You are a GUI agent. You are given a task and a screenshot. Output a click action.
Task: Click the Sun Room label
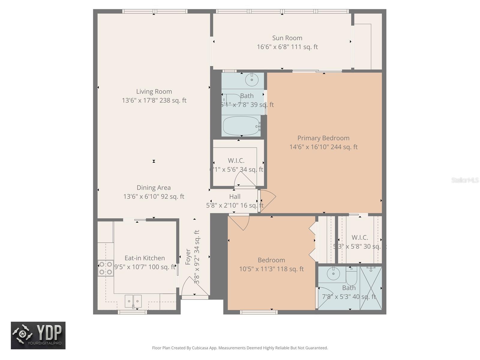pos(287,38)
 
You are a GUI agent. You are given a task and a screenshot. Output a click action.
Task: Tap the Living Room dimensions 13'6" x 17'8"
pos(154,100)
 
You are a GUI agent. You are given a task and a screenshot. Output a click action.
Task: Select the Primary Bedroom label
pos(323,138)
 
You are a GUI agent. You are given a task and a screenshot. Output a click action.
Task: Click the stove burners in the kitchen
pos(106,268)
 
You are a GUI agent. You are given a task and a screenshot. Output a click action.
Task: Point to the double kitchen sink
pos(133,301)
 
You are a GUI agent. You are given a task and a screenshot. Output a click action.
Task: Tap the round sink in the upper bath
pos(251,80)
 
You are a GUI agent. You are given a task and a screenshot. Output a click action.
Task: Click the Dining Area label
pos(154,188)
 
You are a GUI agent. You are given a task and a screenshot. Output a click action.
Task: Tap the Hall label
pos(235,197)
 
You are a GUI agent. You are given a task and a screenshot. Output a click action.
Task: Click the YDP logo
pos(38,335)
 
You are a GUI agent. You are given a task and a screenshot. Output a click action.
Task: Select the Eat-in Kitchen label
pos(145,258)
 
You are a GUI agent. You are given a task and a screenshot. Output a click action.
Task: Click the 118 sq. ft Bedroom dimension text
pos(271,269)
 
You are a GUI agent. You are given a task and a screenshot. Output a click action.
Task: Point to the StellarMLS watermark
pos(465,180)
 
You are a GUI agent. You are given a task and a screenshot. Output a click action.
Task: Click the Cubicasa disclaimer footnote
pos(240,348)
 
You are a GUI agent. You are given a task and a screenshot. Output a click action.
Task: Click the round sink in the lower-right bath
pos(333,274)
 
